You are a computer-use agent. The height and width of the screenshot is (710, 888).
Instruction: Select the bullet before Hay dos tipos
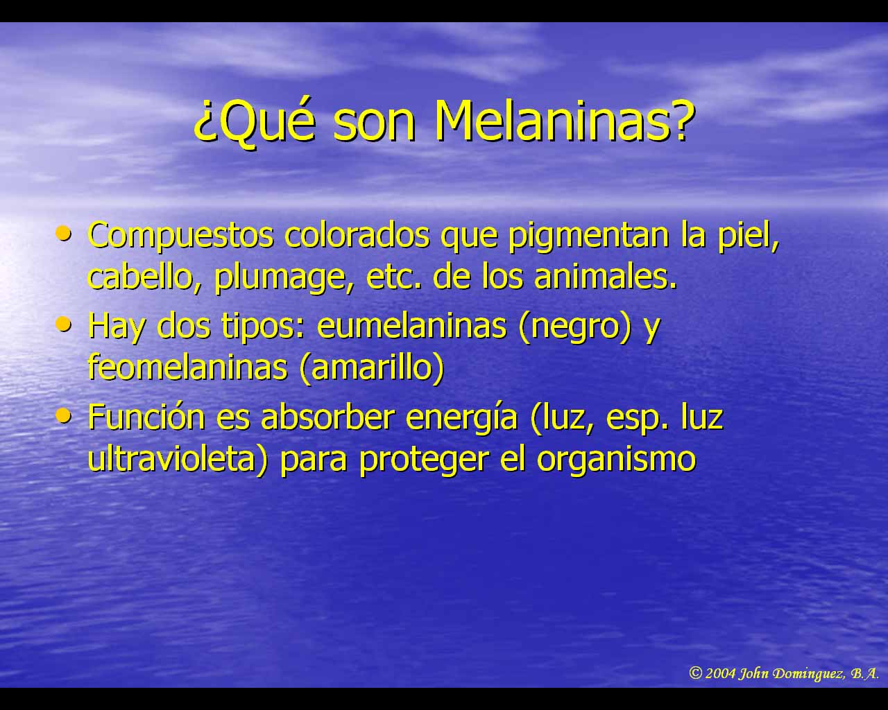[64, 323]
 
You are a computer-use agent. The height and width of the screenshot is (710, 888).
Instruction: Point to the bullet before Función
[64, 415]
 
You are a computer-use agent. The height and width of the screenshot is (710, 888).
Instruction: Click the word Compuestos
[180, 236]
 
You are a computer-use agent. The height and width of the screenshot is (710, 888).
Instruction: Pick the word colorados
[357, 235]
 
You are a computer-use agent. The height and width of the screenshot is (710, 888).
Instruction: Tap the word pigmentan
[589, 236]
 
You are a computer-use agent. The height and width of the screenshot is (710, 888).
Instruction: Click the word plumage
[280, 279]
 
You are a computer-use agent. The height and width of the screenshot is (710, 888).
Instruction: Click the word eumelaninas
[411, 325]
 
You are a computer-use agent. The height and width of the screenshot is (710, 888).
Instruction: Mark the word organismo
[615, 461]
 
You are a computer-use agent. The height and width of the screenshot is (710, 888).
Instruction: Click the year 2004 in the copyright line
[720, 674]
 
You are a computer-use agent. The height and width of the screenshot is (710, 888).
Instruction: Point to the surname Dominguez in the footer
[811, 675]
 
